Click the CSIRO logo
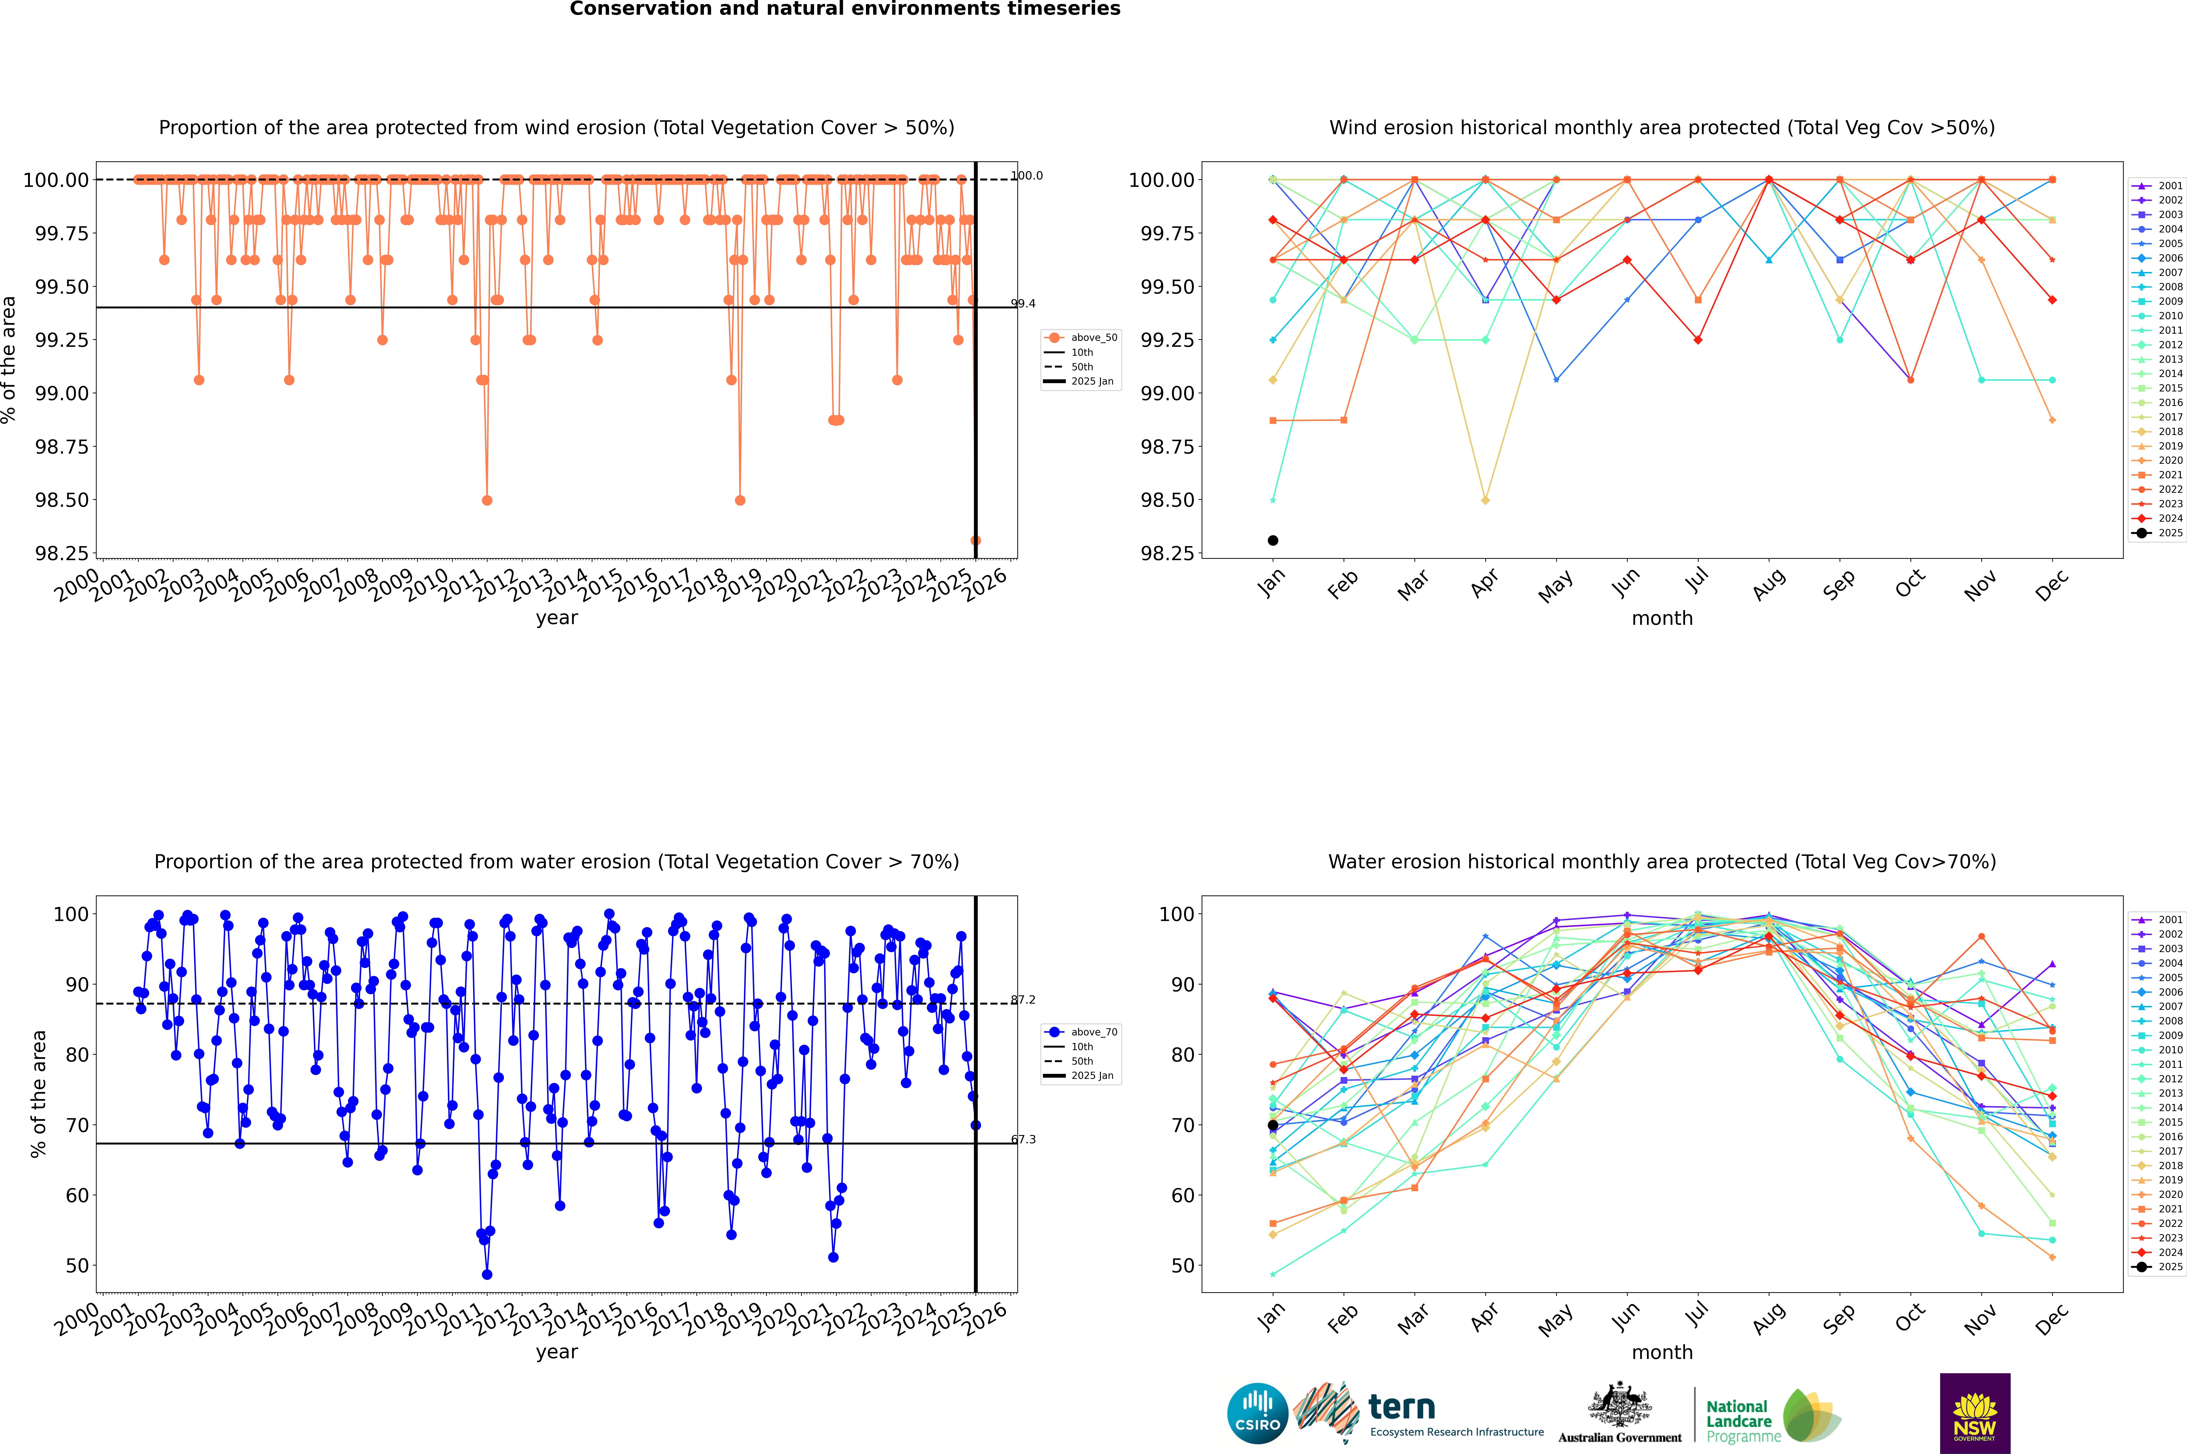click(1257, 1413)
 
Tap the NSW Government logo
click(1975, 1413)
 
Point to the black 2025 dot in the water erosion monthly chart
click(1273, 1125)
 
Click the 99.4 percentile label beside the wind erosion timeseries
click(1023, 303)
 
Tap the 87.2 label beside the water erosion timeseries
click(1023, 1000)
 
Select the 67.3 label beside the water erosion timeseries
click(1023, 1140)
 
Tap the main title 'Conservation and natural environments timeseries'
click(845, 9)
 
